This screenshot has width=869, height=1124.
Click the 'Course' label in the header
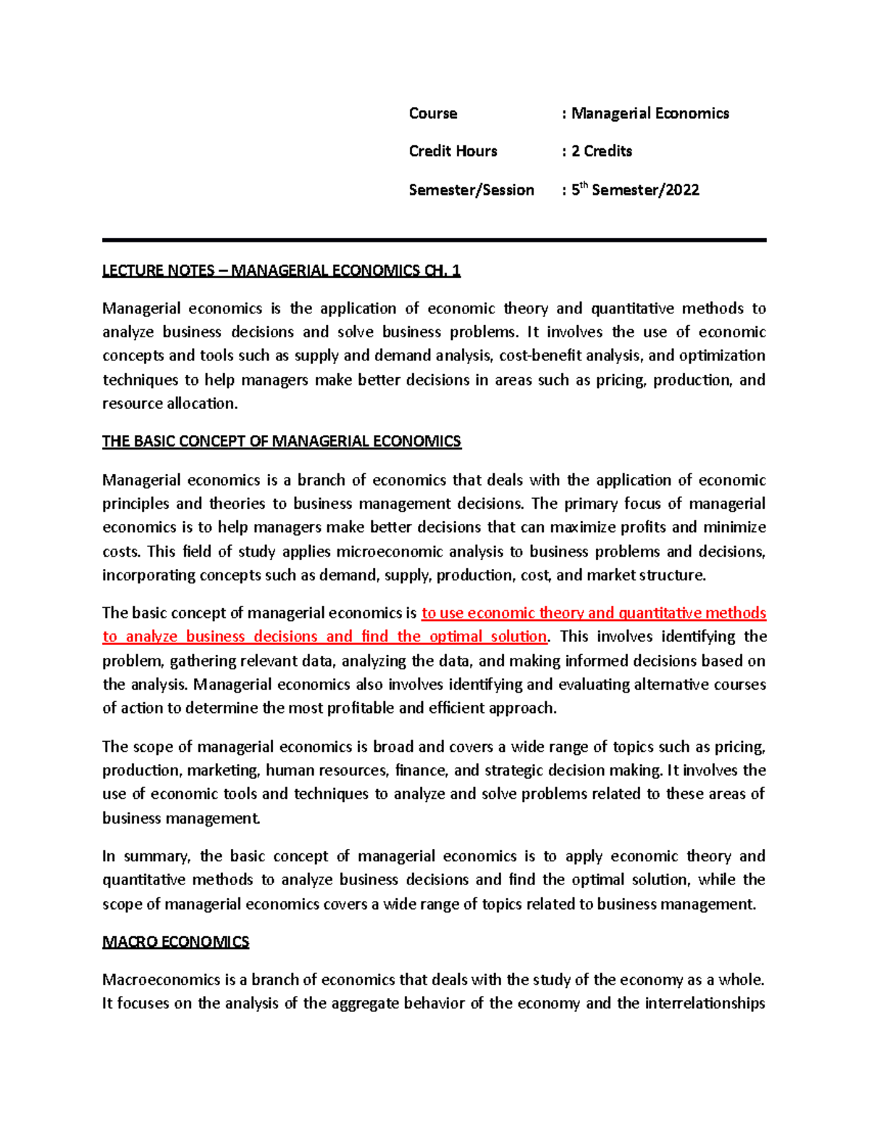[x=432, y=114]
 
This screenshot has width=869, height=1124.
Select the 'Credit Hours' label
[x=453, y=151]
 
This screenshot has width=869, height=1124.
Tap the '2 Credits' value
[x=601, y=151]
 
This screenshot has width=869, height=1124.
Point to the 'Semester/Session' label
[x=471, y=190]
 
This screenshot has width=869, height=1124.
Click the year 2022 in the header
[x=682, y=190]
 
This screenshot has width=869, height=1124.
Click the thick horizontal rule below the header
[x=434, y=240]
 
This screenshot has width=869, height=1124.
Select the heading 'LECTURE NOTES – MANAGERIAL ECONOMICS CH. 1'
[x=281, y=271]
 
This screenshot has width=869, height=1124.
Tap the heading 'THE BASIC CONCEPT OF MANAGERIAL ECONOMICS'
[x=281, y=441]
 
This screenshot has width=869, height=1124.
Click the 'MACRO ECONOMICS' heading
[x=175, y=942]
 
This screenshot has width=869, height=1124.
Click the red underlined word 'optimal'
[x=456, y=637]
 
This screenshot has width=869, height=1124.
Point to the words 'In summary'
[x=146, y=856]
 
